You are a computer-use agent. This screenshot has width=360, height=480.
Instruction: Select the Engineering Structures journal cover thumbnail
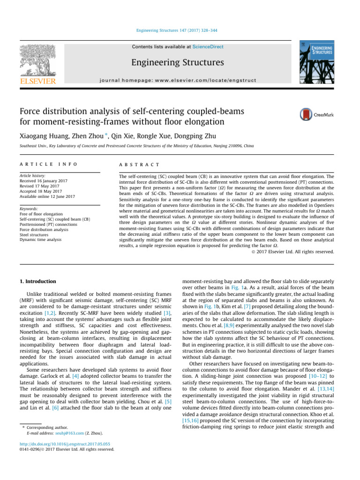[317, 62]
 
